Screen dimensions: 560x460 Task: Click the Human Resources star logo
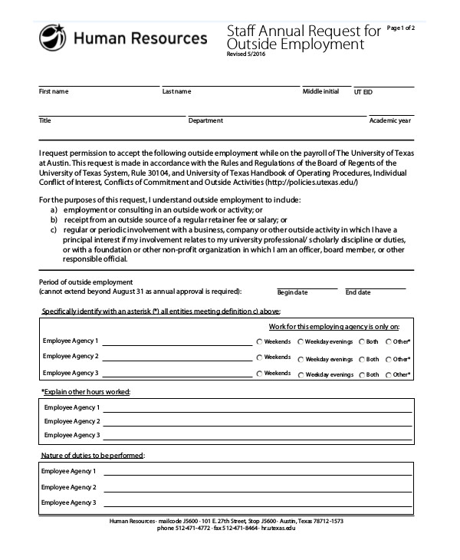coord(52,36)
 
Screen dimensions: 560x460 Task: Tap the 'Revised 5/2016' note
coord(244,54)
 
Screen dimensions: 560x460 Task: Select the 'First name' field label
coord(54,92)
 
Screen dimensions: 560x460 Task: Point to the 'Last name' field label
coord(176,92)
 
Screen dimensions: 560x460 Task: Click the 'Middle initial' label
coord(320,91)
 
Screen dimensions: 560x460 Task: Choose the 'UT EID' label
coord(364,92)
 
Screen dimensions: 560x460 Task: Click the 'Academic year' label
coord(390,120)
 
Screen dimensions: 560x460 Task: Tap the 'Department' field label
coord(205,120)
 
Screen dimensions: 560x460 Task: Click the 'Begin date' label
coord(292,292)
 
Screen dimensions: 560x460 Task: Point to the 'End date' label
coord(358,292)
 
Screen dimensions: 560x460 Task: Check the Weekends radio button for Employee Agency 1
coord(260,341)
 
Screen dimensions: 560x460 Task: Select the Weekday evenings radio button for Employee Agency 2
coord(301,358)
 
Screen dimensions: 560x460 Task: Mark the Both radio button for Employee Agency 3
coord(362,374)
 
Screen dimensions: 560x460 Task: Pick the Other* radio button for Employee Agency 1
coord(388,341)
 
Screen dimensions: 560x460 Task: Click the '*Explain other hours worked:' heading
coord(85,392)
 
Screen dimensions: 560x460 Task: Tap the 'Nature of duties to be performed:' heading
coord(92,456)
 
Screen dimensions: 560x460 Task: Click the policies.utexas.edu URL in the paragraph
coord(310,183)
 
